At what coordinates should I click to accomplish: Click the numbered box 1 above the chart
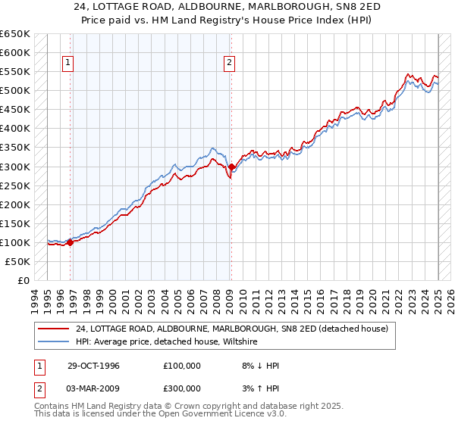(68, 64)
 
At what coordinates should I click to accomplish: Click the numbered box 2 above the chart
(229, 64)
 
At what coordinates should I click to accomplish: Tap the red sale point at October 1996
(70, 242)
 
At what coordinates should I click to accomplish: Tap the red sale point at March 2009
(231, 167)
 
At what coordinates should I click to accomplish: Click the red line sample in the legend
(54, 329)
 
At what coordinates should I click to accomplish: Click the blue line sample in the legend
(54, 341)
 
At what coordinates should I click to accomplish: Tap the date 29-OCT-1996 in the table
(93, 366)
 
